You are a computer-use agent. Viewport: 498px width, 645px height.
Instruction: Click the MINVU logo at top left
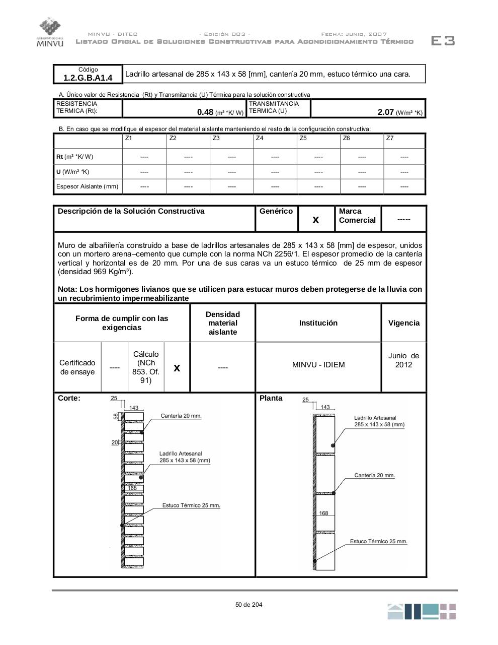coord(50,32)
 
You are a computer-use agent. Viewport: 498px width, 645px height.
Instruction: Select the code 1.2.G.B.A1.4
coord(88,78)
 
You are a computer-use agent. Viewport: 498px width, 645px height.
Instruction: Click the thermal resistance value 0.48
coord(205,112)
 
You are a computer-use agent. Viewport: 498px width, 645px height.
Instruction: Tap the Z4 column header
coord(260,138)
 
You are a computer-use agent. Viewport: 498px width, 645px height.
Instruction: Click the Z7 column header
coord(390,138)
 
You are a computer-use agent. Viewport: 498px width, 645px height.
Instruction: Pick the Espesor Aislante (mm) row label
coord(88,186)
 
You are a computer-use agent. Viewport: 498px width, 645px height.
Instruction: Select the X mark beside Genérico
coord(316,220)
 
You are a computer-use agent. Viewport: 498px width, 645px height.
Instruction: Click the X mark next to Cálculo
coord(177,368)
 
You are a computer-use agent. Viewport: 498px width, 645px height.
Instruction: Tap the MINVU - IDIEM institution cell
coord(318,365)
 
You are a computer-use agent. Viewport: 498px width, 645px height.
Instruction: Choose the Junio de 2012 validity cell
coord(403,360)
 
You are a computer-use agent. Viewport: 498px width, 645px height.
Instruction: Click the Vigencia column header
coord(403,323)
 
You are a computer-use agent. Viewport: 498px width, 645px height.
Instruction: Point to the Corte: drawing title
coord(69,398)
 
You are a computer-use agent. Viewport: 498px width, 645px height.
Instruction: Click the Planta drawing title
coord(271,398)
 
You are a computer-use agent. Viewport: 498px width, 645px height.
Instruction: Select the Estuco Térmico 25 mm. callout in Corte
coord(191,505)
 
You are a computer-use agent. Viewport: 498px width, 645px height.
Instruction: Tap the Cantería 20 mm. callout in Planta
coord(374,475)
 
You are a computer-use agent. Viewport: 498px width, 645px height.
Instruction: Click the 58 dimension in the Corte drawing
coord(116,416)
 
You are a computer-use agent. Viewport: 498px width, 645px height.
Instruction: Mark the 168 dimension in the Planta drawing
coord(323,513)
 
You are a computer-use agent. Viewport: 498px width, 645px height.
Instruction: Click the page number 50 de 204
coord(248,605)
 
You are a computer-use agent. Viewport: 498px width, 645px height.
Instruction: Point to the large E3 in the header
coord(443,41)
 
